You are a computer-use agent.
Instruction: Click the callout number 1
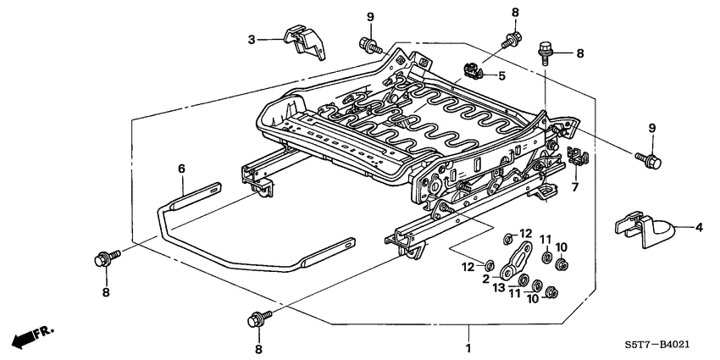coord(468,347)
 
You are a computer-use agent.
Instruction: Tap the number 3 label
coord(252,39)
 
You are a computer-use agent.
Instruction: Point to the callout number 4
coord(700,227)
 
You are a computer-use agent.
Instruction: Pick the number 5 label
coord(502,76)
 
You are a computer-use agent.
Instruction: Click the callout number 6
coord(181,169)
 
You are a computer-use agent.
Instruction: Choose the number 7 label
coord(574,186)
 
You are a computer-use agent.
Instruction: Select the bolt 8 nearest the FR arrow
coord(102,258)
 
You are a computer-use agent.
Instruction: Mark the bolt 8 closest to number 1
coord(256,320)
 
